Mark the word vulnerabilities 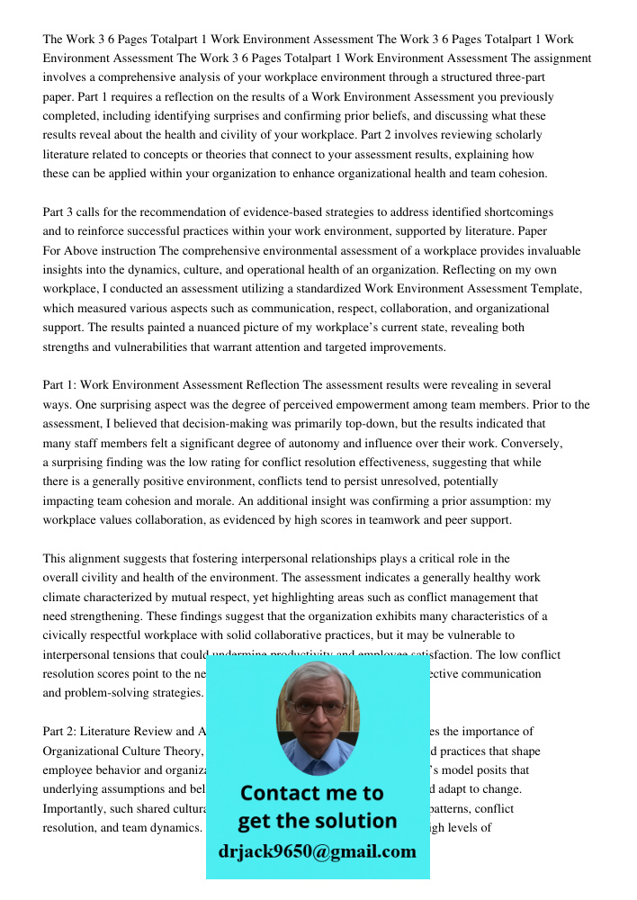point(144,346)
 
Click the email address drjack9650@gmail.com point(317,851)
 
